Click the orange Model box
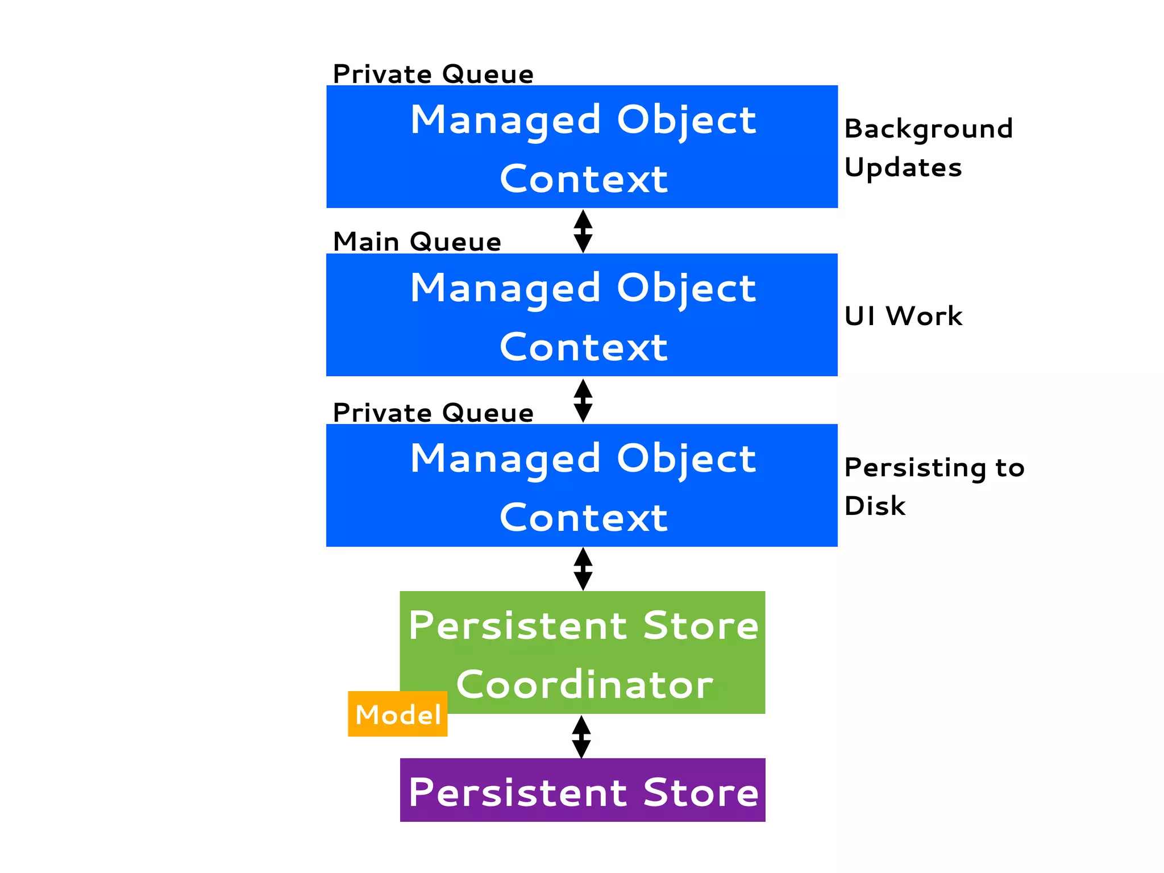(x=397, y=714)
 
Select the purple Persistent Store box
(x=583, y=790)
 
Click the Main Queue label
(x=417, y=242)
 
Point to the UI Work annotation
(x=903, y=316)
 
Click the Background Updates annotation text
(x=928, y=148)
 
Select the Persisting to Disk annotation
(x=934, y=487)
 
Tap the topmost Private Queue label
(x=433, y=74)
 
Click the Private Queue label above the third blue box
(x=433, y=413)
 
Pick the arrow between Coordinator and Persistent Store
(x=581, y=737)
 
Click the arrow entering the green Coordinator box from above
(x=583, y=569)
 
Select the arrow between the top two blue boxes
(x=583, y=231)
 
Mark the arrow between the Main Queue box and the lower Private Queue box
(x=583, y=400)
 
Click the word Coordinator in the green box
(x=584, y=684)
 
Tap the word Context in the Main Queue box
(x=584, y=347)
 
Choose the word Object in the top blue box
(x=686, y=120)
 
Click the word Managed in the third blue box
(x=505, y=459)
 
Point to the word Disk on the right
(x=875, y=506)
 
